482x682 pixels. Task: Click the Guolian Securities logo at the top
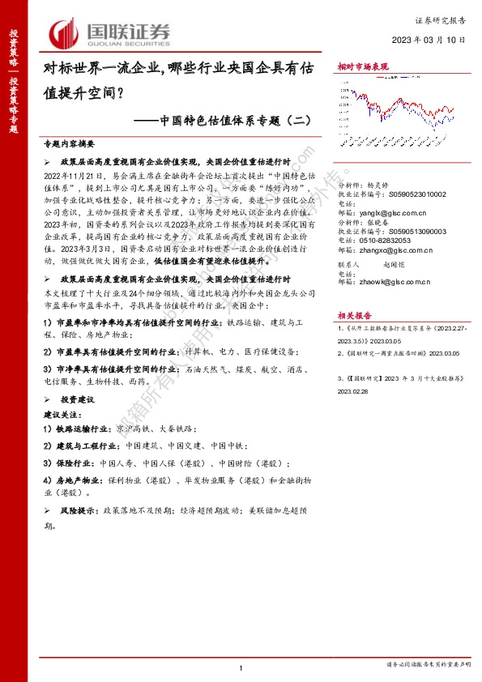113,32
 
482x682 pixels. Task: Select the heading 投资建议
79,400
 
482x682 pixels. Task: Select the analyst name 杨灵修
379,185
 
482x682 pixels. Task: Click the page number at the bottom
241,667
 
